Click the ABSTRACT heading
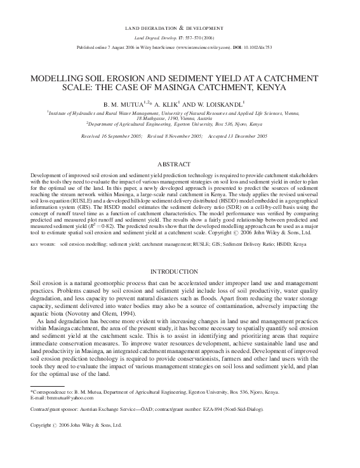180,164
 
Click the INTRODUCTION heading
180,271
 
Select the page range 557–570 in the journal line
183,38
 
